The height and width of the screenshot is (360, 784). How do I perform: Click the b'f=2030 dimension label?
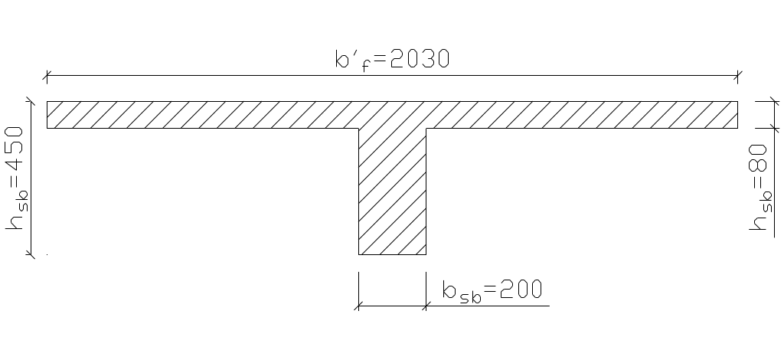pos(391,59)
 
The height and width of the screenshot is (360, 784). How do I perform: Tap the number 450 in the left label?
pos(16,153)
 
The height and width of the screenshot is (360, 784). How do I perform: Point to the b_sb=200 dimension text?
pos(492,290)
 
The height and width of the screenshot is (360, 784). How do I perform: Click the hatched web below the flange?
pos(392,191)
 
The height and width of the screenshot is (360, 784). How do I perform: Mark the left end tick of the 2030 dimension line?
pos(47,76)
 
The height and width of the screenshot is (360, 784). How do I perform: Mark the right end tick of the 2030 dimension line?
pos(737,76)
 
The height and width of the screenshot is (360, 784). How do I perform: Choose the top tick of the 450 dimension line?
pos(30,101)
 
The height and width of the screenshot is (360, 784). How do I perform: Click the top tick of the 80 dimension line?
pos(756,101)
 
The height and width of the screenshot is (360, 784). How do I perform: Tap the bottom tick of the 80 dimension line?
pos(756,128)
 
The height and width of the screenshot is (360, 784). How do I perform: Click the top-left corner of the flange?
pos(47,101)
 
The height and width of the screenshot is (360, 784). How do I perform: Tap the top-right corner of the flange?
pos(737,101)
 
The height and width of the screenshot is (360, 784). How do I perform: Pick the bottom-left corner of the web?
pos(358,254)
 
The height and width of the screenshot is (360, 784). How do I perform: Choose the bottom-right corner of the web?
pos(426,254)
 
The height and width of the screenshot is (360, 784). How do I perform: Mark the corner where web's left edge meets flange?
pos(358,128)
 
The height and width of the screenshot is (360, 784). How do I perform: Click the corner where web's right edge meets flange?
pos(426,128)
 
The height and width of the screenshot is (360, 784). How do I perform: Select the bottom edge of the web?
pos(392,254)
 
